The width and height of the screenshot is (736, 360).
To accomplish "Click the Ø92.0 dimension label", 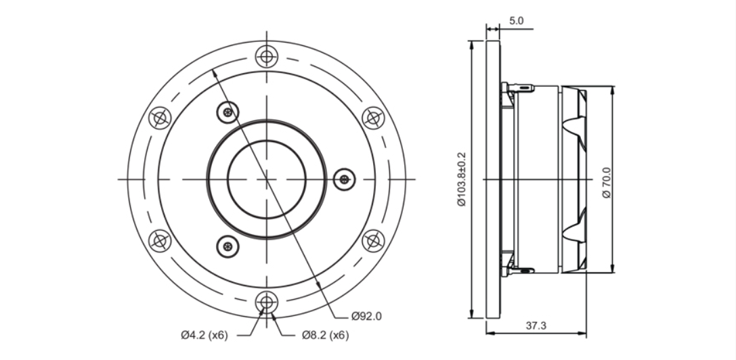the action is coord(366,316).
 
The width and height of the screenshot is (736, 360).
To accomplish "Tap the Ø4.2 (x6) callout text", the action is coord(204,335).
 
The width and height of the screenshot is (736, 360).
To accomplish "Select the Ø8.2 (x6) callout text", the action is coord(325,335).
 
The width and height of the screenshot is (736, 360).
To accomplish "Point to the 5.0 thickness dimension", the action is coord(516,21).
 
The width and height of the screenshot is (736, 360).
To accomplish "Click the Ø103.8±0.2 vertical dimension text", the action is coord(462,179).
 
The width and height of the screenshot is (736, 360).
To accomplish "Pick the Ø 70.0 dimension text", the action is coord(607,183).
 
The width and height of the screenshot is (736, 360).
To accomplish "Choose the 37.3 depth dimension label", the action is coord(536,325).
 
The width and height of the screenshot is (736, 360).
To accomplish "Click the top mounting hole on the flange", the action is coord(267,57).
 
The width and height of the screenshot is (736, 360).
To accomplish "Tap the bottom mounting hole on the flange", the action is coord(267,302).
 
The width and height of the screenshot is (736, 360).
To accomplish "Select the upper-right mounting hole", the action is coord(373,118).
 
